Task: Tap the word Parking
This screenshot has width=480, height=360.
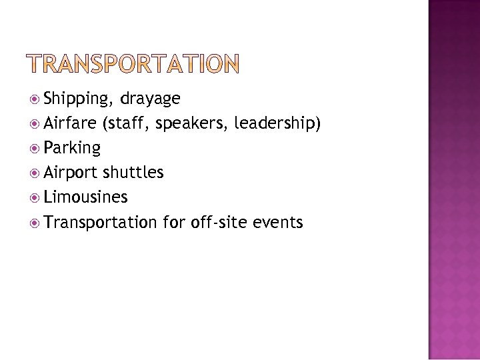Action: pyautogui.click(x=71, y=148)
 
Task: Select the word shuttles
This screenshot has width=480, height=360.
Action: pyautogui.click(x=133, y=173)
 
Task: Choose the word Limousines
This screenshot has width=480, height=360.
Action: pyautogui.click(x=85, y=197)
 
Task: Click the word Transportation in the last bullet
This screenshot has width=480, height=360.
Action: pyautogui.click(x=100, y=222)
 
